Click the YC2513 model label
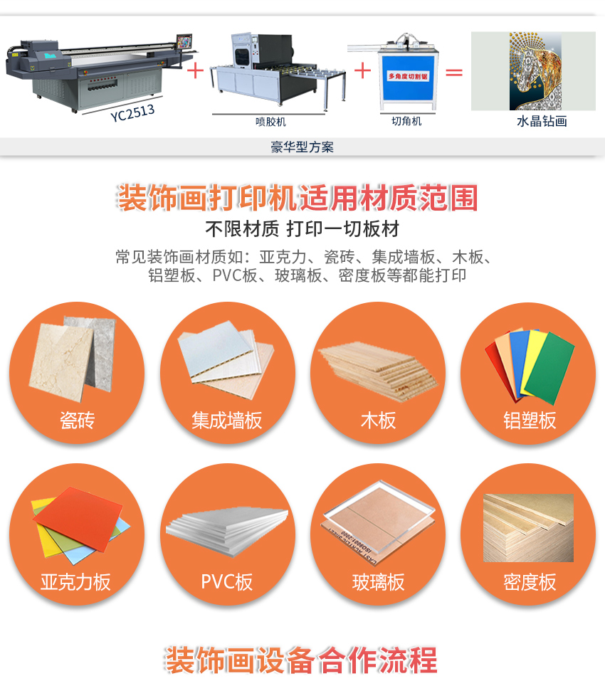click(x=132, y=113)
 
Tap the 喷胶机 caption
click(x=270, y=122)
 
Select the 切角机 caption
click(x=406, y=121)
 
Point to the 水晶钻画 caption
click(x=542, y=121)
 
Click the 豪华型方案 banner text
click(x=302, y=147)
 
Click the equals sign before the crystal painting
click(x=454, y=72)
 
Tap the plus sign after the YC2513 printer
click(x=196, y=70)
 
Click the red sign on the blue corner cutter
click(x=409, y=76)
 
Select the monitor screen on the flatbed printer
click(x=184, y=42)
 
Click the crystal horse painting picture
click(x=535, y=70)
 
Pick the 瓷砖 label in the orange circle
click(x=77, y=421)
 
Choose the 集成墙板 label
click(x=227, y=421)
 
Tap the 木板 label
click(x=378, y=421)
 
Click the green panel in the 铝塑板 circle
click(x=549, y=368)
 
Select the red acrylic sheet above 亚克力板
click(x=78, y=519)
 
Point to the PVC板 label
click(x=227, y=582)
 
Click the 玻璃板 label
click(x=378, y=582)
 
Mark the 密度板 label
click(x=530, y=582)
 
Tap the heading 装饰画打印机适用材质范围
click(x=298, y=198)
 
